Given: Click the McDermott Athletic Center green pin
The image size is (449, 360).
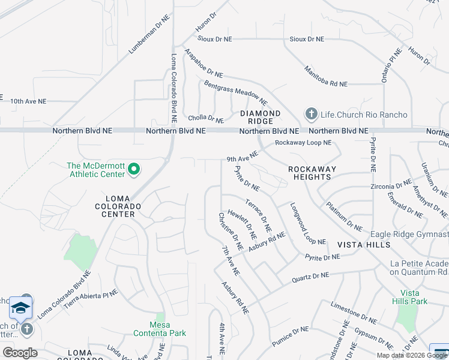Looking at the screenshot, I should pyautogui.click(x=134, y=170).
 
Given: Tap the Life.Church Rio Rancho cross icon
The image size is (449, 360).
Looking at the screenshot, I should pyautogui.click(x=311, y=113).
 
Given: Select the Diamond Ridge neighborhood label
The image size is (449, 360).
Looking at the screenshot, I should pyautogui.click(x=261, y=117).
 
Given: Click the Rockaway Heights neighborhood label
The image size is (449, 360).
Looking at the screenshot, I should pyautogui.click(x=312, y=173).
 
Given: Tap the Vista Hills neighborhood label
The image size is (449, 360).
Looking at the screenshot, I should pyautogui.click(x=364, y=245).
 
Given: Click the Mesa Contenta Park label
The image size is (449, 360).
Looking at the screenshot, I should pyautogui.click(x=160, y=329).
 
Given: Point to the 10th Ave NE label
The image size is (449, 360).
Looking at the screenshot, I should pyautogui.click(x=28, y=101).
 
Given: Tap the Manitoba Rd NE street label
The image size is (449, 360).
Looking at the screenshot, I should pyautogui.click(x=326, y=76).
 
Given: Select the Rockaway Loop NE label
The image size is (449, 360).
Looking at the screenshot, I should pyautogui.click(x=303, y=143).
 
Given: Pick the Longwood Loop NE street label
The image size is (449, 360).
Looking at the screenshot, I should pyautogui.click(x=308, y=224).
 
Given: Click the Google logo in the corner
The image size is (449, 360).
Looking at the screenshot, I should pyautogui.click(x=19, y=352).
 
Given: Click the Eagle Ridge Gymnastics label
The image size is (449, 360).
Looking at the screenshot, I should pyautogui.click(x=409, y=234).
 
